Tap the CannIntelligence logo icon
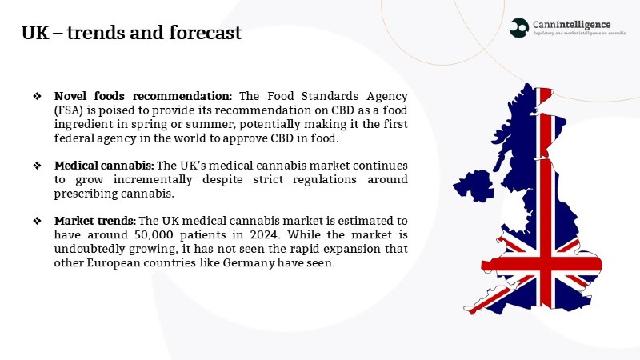point(519,28)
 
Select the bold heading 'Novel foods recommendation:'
point(143,96)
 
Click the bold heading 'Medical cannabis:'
point(104,166)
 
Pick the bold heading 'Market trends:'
point(95,221)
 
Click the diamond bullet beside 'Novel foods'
point(37,96)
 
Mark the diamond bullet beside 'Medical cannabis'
point(37,166)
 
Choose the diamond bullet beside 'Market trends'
point(37,222)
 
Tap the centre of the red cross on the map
point(546,265)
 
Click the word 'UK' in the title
point(35,33)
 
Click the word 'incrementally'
point(153,179)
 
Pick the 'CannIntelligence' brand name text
point(571,25)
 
